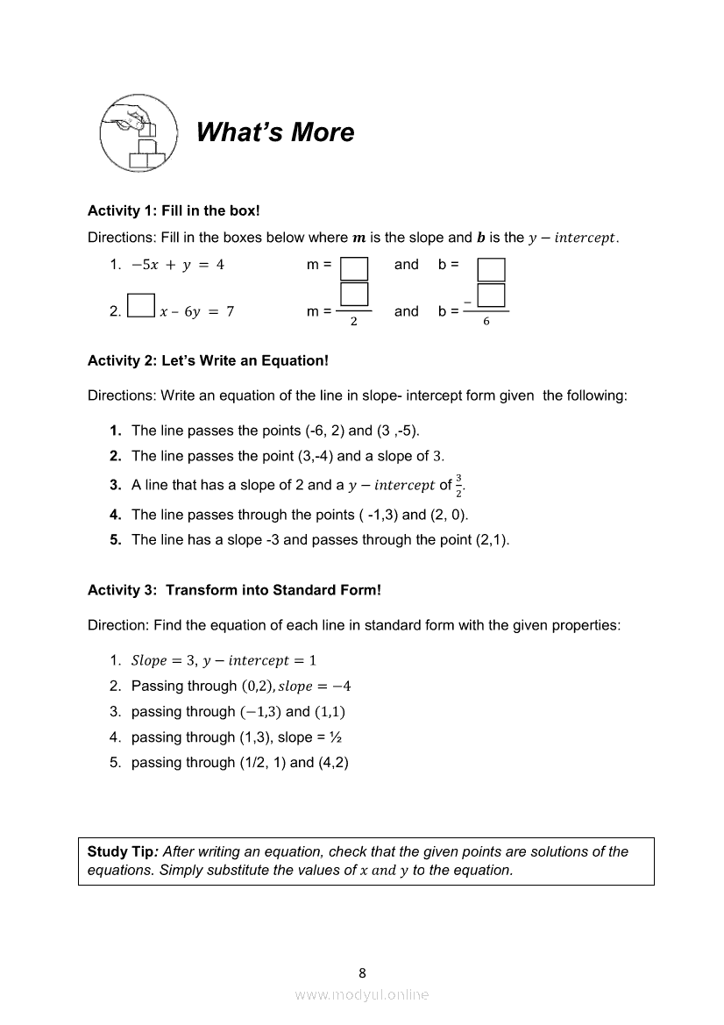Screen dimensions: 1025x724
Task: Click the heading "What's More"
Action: [275, 132]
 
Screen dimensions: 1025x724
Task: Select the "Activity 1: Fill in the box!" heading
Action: [174, 210]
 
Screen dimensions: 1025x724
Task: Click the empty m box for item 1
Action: [353, 267]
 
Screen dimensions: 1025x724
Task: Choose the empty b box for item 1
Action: [491, 267]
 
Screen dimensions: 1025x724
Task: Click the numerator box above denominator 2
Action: [353, 295]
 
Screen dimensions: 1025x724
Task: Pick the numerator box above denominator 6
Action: [492, 295]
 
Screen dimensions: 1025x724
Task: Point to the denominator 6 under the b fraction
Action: [486, 322]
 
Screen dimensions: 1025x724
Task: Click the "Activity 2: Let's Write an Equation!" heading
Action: [208, 360]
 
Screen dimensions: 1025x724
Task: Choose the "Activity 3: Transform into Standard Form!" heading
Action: [234, 590]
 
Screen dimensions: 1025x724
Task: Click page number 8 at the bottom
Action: [362, 972]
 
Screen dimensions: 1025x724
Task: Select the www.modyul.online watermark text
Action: [362, 995]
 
